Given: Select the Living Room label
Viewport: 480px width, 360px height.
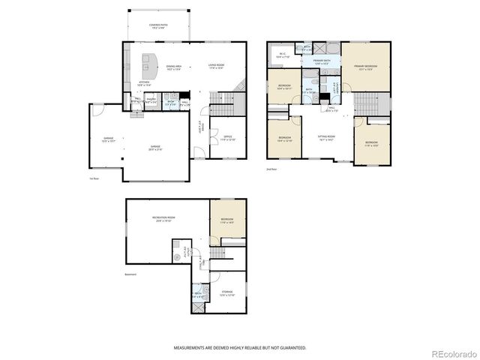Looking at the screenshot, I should coord(218,69).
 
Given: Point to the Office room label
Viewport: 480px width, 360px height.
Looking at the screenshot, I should coord(227,138).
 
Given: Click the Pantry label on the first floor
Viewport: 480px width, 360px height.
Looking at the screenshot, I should coord(151,101).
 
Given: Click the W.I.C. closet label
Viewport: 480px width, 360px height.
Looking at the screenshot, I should coord(283,55).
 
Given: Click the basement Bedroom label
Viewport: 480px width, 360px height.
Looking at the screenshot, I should coord(227,220).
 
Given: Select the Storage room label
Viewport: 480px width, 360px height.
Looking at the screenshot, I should coord(227,293).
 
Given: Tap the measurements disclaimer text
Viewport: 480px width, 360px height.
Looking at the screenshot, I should coord(240,348).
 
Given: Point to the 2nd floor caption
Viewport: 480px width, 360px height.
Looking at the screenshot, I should coord(271,169).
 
